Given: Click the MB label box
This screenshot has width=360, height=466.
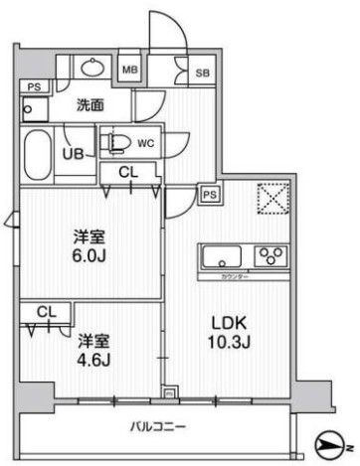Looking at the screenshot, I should click(129, 70).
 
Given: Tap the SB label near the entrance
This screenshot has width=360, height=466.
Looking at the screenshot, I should click(202, 74).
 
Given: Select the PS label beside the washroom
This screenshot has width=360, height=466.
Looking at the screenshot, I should click(35, 86).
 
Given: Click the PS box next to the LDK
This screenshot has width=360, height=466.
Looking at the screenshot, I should click(210, 195).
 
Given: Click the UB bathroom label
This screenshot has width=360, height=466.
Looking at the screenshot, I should click(73, 153).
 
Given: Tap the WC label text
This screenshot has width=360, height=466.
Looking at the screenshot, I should click(146, 141).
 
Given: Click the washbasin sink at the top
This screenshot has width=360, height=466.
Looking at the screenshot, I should click(92, 69).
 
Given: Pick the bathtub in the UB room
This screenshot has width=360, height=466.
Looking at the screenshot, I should click(38, 151).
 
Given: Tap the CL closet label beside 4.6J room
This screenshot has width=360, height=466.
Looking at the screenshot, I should click(45, 312).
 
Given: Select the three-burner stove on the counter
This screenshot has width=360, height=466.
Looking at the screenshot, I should click(270, 256).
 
